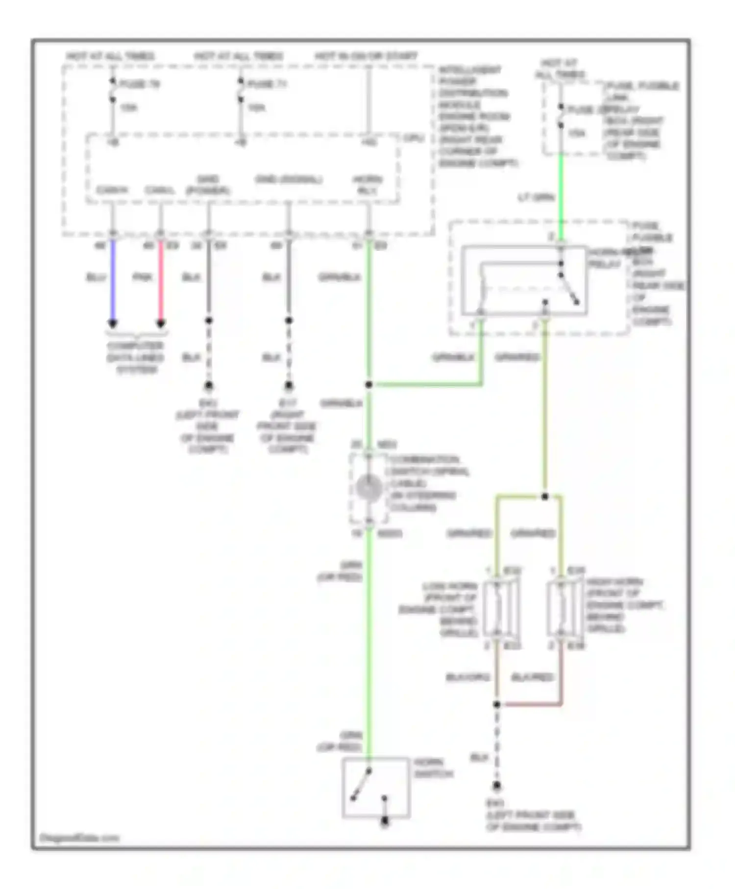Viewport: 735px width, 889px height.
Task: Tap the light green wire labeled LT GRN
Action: [561, 196]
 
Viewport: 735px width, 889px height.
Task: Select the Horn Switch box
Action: [376, 788]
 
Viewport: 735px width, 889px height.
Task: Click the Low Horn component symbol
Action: [500, 608]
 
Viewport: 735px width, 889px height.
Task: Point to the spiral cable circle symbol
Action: [369, 488]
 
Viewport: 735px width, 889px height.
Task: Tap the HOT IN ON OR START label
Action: [366, 56]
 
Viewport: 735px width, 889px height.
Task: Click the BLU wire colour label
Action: [96, 277]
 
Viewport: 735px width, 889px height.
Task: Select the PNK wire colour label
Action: [143, 277]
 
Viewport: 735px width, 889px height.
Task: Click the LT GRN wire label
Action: [536, 198]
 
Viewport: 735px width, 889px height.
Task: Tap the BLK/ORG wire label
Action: [467, 677]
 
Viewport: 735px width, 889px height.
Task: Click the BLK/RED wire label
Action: [533, 677]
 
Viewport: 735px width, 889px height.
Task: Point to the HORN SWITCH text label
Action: [433, 768]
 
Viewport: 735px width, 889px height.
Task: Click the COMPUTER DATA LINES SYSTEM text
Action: [136, 357]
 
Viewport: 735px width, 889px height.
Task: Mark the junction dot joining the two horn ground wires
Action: [497, 704]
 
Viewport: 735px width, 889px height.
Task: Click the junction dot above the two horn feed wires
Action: [545, 496]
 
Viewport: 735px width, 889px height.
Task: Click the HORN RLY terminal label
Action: [367, 185]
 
